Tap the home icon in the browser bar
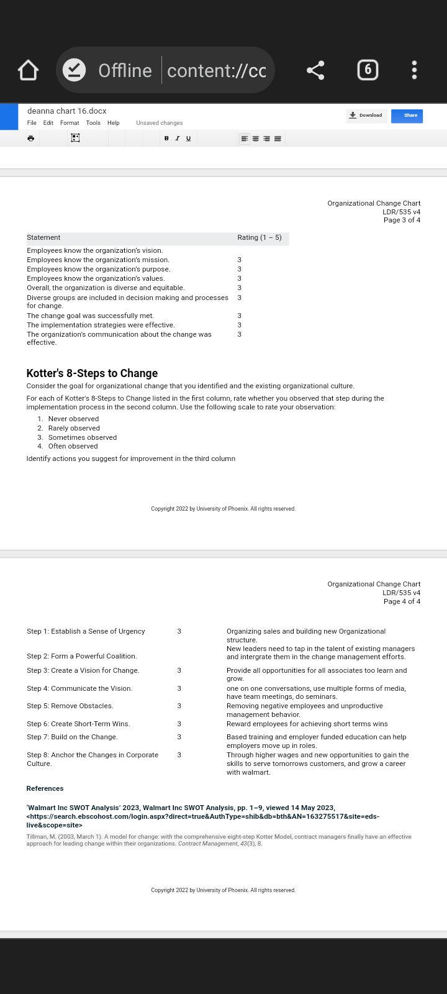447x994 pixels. (29, 70)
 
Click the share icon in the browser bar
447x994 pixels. (315, 70)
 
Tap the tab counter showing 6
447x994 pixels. (368, 70)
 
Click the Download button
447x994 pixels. (367, 116)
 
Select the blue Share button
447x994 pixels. (407, 116)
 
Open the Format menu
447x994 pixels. (70, 123)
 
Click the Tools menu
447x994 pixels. (93, 123)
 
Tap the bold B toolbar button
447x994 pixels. (166, 139)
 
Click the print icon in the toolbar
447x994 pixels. (30, 139)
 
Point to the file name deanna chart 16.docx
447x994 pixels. (67, 111)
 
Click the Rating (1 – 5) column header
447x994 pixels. (260, 238)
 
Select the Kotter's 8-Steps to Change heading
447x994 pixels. (92, 373)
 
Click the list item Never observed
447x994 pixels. (73, 419)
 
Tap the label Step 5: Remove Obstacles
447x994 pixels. (70, 706)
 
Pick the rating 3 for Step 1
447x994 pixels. (179, 632)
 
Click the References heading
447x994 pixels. (45, 789)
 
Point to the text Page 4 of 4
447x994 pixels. (402, 601)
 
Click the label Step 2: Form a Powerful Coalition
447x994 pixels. (81, 657)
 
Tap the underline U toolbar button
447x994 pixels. (189, 139)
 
